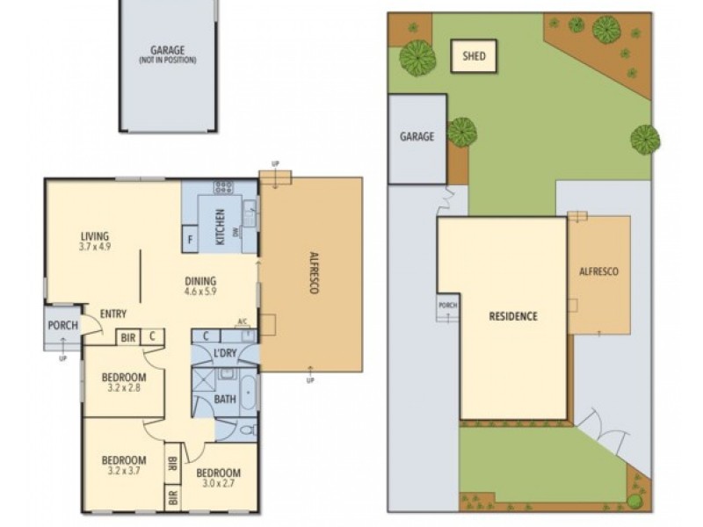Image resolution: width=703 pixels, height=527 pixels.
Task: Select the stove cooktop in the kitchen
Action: pos(224,187)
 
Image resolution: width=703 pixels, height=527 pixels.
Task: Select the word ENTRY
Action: pos(112,314)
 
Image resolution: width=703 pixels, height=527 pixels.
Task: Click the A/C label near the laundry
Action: pos(243,322)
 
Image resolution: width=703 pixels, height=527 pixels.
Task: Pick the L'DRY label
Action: pos(225,353)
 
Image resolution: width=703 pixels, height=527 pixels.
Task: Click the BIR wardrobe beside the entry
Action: pos(127,336)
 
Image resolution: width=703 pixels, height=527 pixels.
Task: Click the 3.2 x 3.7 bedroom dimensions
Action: pos(122,472)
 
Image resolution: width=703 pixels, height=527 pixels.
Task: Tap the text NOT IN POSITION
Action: pos(167,61)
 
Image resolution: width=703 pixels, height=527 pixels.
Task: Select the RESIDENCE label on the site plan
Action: pos(512,316)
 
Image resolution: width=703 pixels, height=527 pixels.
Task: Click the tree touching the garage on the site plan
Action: pos(461,133)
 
